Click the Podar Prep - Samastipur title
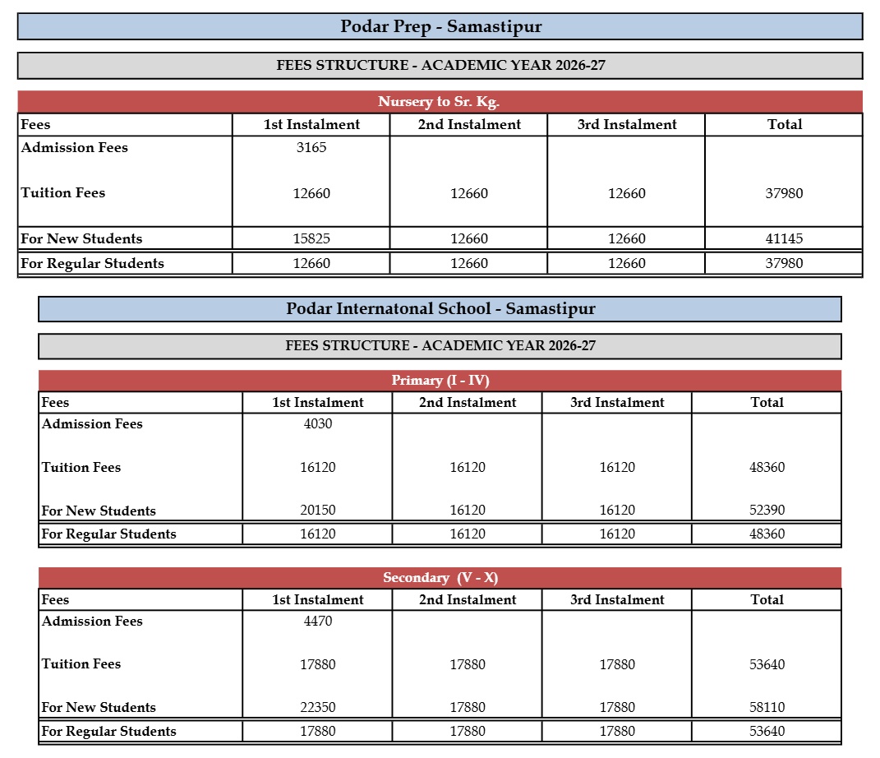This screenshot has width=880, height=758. [440, 26]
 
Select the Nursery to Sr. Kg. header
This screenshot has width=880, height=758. [439, 102]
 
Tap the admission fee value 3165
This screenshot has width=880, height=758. [311, 148]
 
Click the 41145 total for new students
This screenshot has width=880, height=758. [783, 239]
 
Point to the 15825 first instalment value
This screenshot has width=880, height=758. [311, 239]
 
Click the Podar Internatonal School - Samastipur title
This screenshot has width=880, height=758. [440, 309]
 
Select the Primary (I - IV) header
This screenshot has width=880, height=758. [440, 381]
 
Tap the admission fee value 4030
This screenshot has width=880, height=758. [318, 424]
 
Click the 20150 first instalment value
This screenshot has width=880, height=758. [318, 511]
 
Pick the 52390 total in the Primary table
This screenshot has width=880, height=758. [767, 511]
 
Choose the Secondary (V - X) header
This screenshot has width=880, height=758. [440, 578]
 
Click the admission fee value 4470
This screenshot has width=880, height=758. [318, 622]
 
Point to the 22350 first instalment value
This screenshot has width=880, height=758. [318, 708]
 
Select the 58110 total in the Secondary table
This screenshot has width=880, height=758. [767, 708]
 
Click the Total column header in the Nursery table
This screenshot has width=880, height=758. [784, 125]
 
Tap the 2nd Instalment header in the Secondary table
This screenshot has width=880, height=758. [468, 600]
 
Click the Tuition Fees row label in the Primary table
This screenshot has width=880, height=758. [81, 468]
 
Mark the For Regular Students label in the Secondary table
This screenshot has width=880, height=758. [108, 732]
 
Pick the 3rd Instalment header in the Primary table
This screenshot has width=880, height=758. [617, 403]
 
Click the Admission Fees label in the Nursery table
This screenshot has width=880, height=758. [74, 148]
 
